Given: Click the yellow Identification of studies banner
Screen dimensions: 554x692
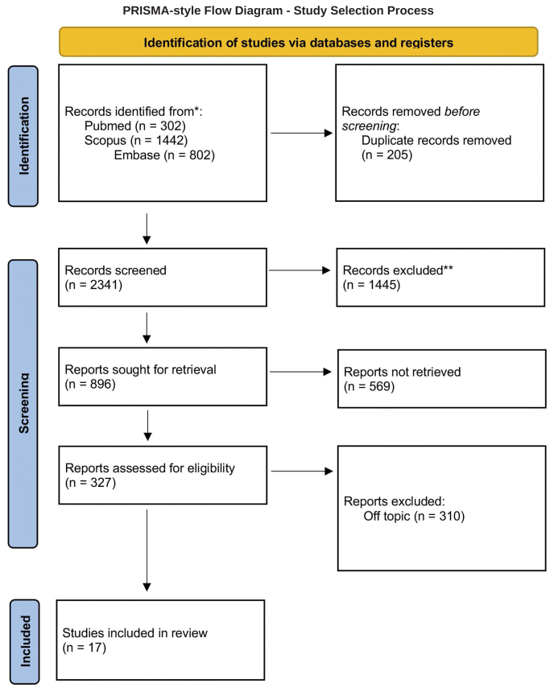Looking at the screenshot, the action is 299,42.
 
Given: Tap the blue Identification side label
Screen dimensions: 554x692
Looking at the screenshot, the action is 23,136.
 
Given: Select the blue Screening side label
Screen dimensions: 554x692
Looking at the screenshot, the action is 23,404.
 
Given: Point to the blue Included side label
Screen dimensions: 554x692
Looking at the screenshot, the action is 25,641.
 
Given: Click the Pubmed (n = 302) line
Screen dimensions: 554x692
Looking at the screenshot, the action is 135,126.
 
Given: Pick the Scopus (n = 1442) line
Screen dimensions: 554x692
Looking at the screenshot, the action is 136,140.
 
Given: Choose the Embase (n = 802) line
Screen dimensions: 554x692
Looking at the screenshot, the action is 164,155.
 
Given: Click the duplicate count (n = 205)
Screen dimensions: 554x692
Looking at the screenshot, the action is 387,155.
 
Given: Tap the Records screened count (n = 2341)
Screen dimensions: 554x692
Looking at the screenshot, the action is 93,285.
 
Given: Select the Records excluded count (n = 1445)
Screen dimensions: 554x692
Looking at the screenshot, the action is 371,285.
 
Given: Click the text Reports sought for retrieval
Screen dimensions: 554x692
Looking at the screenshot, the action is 140,369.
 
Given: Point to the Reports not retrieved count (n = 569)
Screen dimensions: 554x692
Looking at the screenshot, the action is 370,386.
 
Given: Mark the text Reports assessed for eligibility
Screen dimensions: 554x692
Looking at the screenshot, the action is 151,468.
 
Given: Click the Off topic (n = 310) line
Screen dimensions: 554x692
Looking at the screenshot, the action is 414,516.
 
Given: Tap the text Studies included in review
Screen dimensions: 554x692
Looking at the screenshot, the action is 134,633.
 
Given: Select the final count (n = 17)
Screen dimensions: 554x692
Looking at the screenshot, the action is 85,648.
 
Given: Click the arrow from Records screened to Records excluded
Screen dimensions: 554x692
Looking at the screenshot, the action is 300,270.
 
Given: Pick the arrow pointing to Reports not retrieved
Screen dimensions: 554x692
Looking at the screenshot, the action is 300,372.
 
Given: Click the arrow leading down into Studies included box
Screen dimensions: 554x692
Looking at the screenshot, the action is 147,550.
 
